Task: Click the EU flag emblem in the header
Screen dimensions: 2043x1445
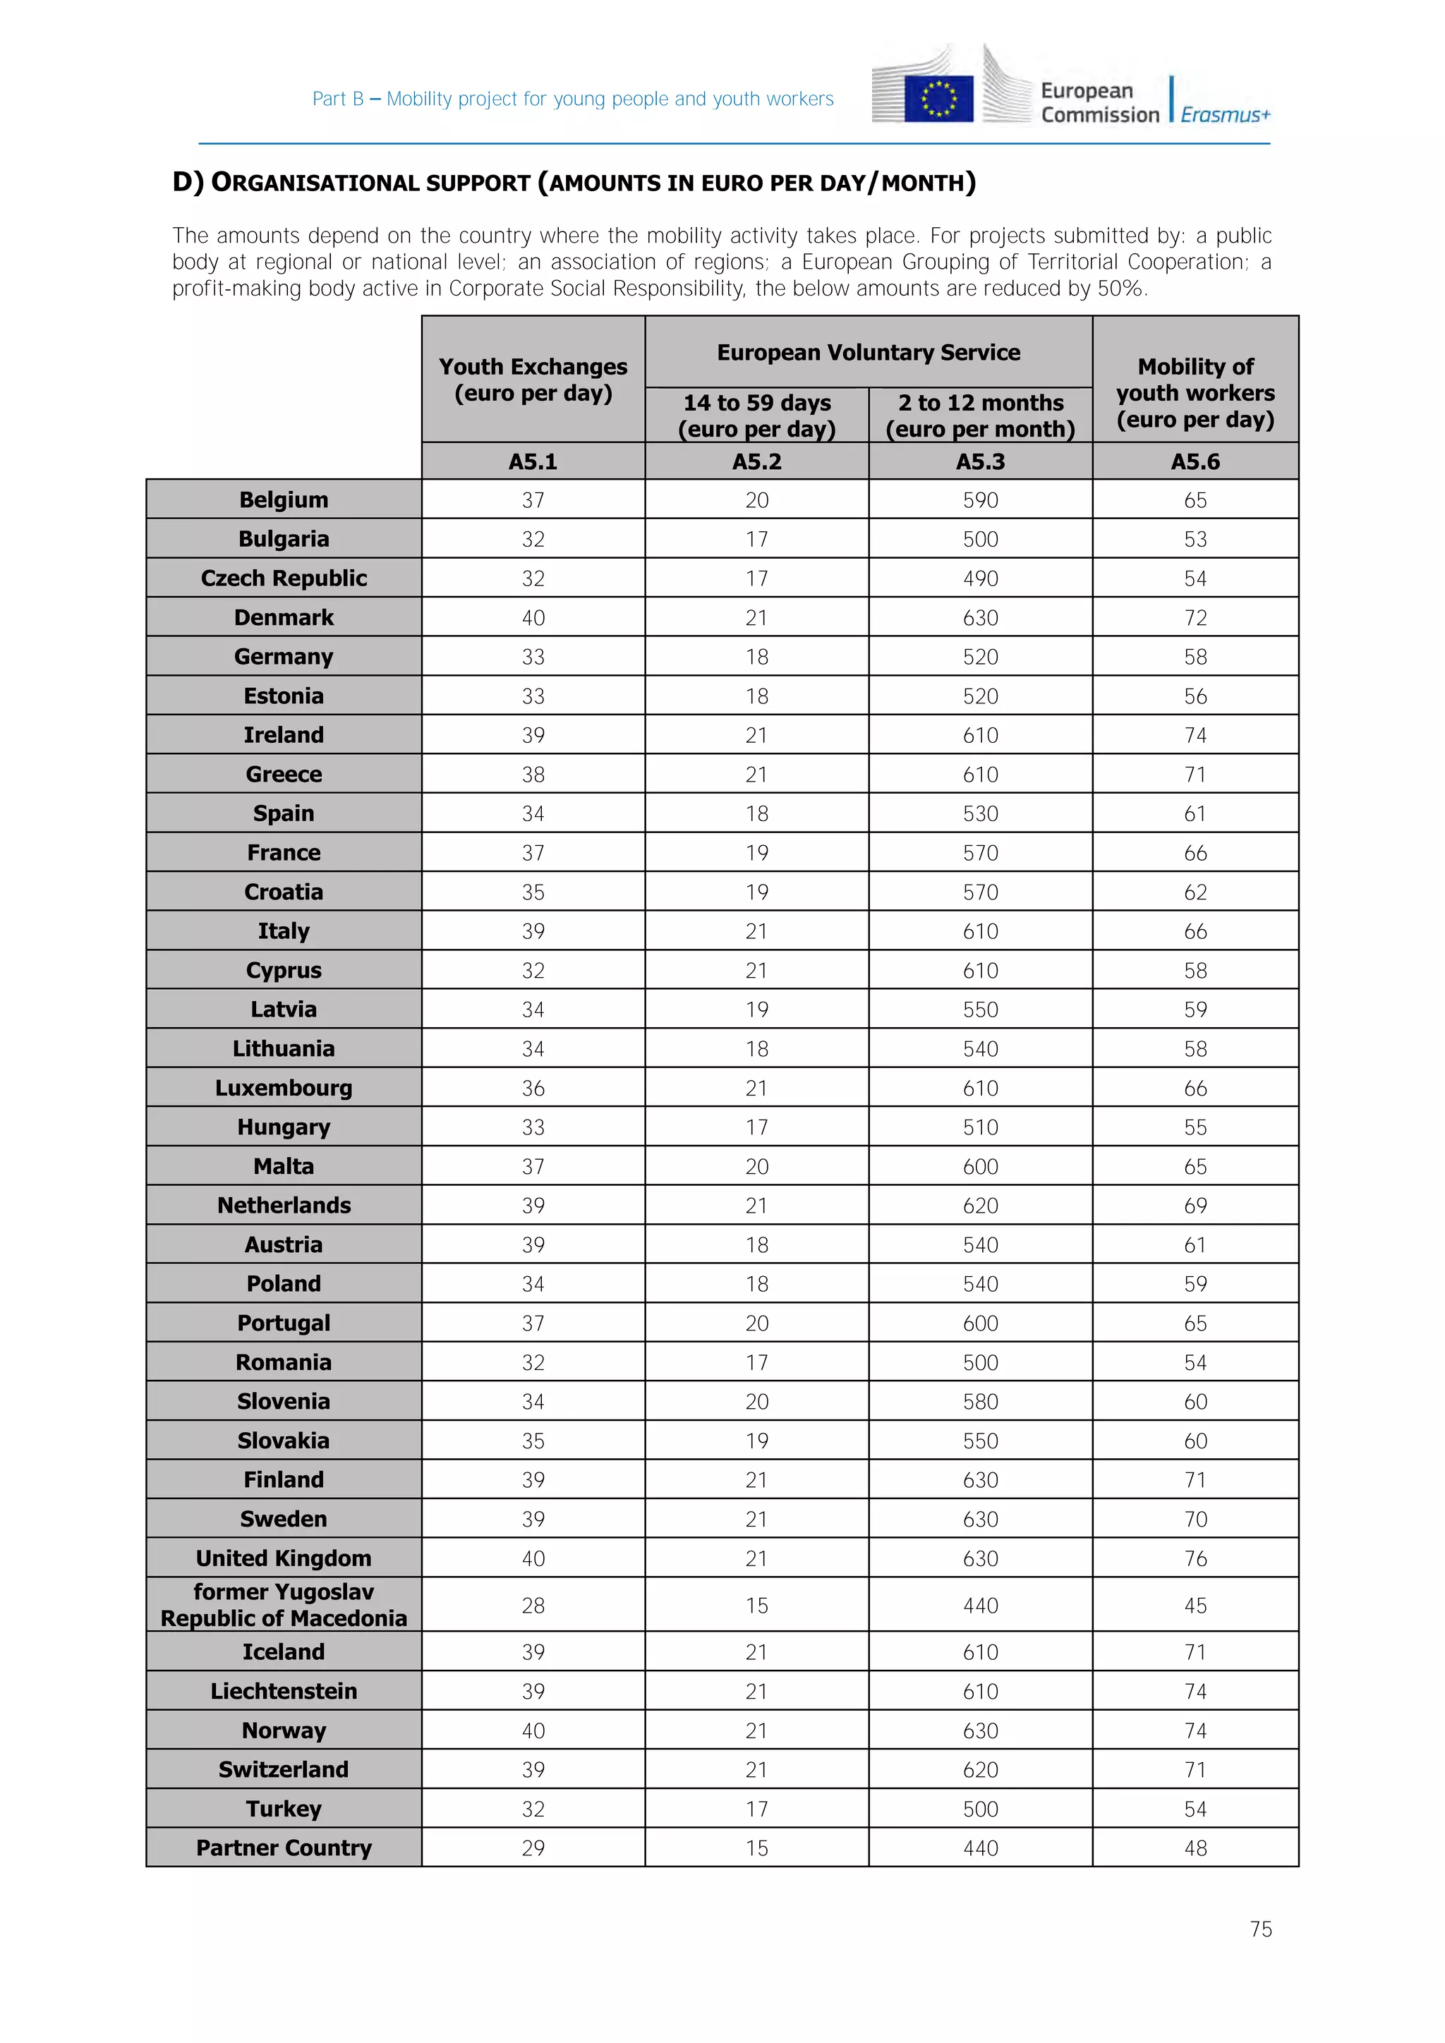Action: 938,98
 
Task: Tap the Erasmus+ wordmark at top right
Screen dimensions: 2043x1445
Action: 1226,115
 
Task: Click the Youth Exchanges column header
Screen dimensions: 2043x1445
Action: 532,380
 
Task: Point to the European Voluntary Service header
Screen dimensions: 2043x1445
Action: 868,352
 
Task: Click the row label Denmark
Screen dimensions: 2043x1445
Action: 283,617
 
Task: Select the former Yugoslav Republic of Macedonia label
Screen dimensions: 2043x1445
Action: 283,1604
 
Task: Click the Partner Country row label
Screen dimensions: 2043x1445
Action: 283,1848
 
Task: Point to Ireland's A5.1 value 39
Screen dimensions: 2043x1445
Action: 532,735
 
